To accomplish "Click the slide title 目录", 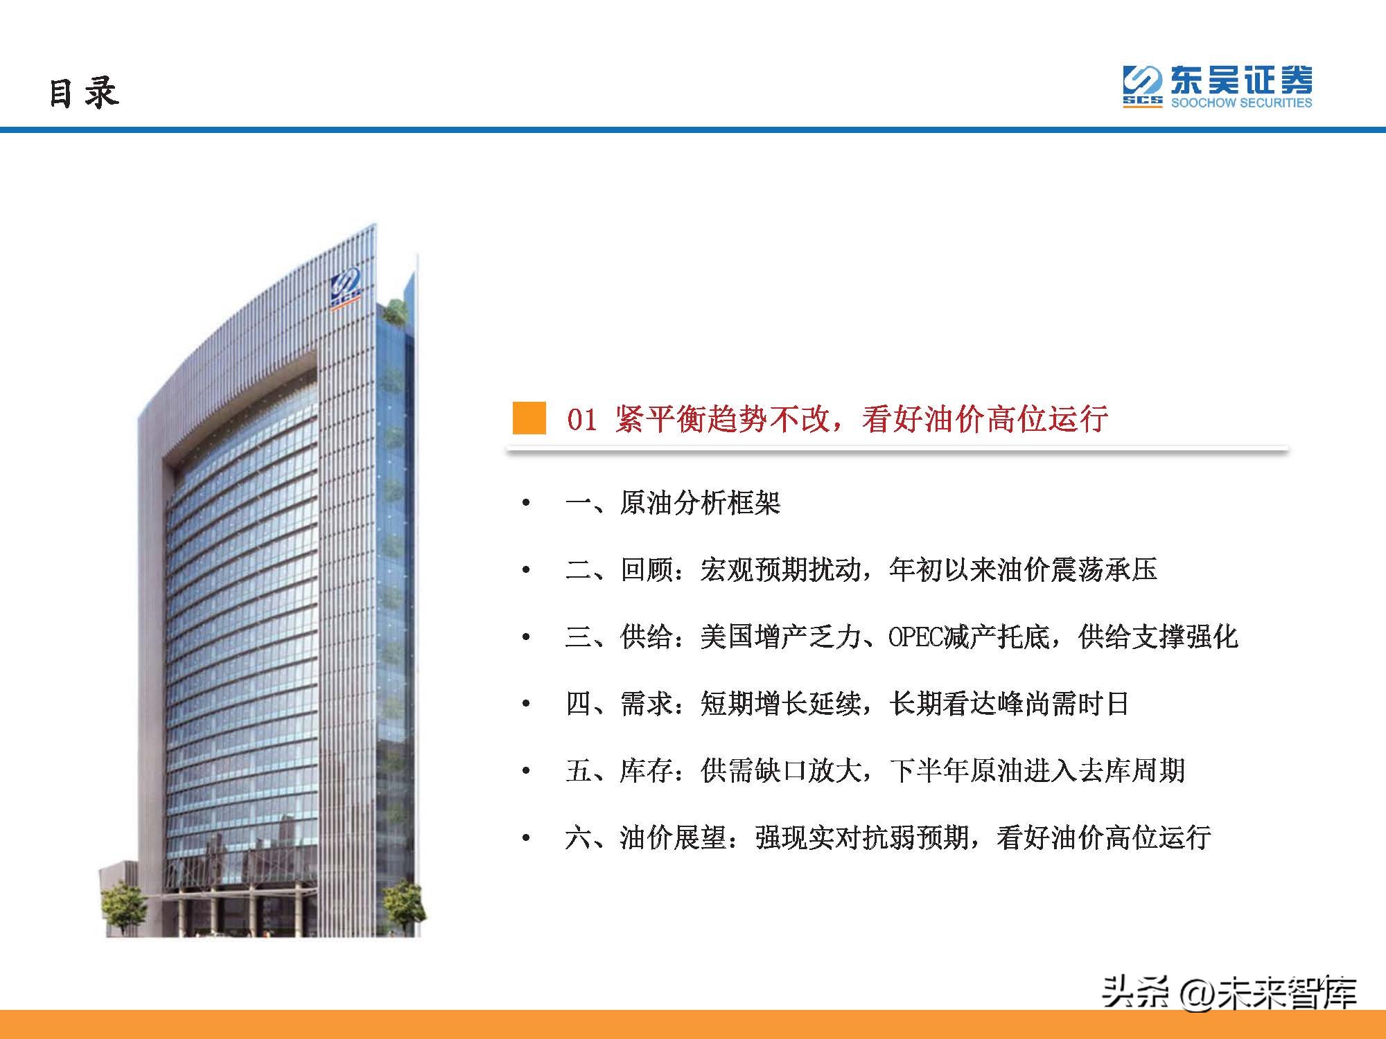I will click(x=84, y=92).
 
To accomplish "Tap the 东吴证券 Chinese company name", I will click(x=1241, y=81).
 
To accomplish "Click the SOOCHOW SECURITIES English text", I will click(x=1241, y=103).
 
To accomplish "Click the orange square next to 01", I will click(x=529, y=418).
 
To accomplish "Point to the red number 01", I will click(x=581, y=420).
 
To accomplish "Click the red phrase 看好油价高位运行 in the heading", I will click(x=984, y=419).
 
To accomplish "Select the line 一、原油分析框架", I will click(x=672, y=503).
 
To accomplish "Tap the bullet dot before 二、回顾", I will click(x=526, y=570).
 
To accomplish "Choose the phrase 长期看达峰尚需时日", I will click(x=1009, y=704).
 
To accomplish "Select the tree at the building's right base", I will click(x=403, y=904).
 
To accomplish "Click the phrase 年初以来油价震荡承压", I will click(x=1023, y=570).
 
